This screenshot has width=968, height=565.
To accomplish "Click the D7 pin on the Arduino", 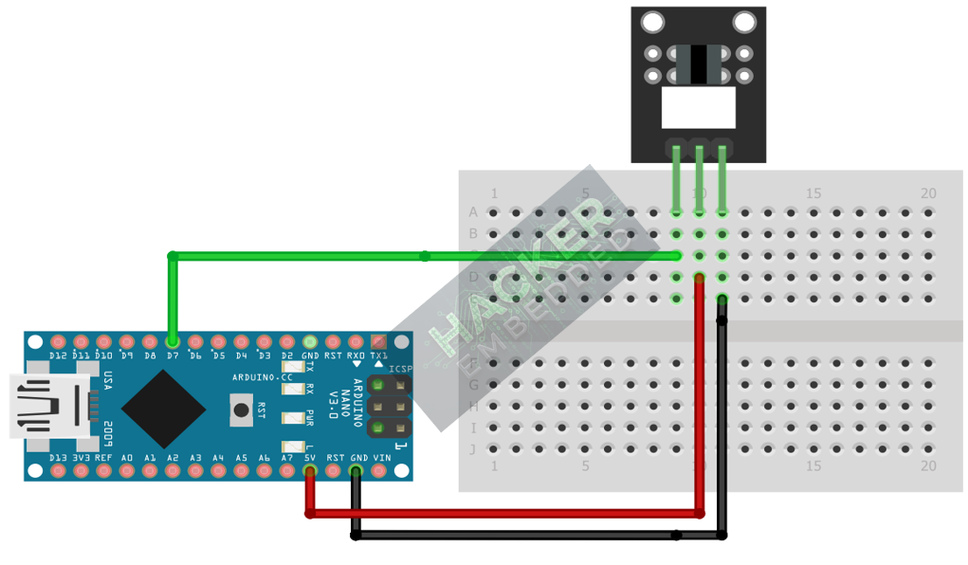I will tap(173, 340).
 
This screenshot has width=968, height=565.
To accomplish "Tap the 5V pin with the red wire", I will tap(310, 470).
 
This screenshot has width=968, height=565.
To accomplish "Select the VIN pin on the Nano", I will tap(380, 470).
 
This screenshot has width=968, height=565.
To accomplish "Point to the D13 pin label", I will tap(58, 458).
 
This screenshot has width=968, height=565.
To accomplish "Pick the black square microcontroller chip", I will tap(163, 409).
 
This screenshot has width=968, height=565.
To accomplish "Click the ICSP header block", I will tap(389, 408).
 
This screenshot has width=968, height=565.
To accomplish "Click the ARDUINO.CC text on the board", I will tap(261, 377).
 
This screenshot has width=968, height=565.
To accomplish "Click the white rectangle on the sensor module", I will tap(698, 108).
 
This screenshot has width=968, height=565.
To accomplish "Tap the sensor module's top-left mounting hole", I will tap(652, 22).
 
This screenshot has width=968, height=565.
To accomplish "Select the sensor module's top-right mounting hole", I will tap(744, 22).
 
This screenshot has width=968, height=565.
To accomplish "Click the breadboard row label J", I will tap(473, 449).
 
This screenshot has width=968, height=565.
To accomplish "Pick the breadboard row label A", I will tap(473, 211).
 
